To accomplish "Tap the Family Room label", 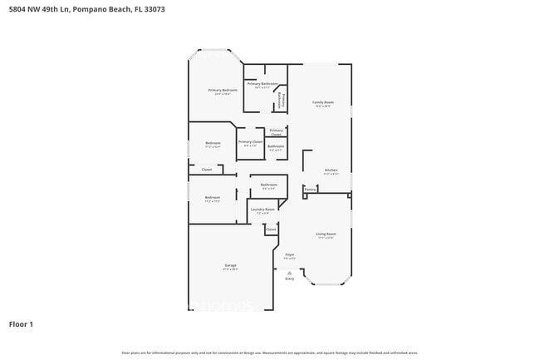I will (x=322, y=102).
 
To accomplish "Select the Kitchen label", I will (x=331, y=170).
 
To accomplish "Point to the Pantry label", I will (x=310, y=190).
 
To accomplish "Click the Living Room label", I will (x=326, y=234).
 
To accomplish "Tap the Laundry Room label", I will (x=263, y=210).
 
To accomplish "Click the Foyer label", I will (x=290, y=254).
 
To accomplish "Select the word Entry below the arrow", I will (x=290, y=279).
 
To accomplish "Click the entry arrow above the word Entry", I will (x=290, y=272).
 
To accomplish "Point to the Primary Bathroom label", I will (x=262, y=84).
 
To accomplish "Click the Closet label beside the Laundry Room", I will (x=271, y=229).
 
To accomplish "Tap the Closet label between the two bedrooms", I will (x=207, y=170).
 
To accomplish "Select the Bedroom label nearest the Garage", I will (x=212, y=198).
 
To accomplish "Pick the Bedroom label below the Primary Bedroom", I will (x=213, y=144).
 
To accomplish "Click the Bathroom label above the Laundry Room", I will (x=268, y=185).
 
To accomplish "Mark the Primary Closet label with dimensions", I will (x=250, y=142).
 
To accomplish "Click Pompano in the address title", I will (x=106, y=9).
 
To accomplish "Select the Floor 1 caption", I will (x=21, y=323).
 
